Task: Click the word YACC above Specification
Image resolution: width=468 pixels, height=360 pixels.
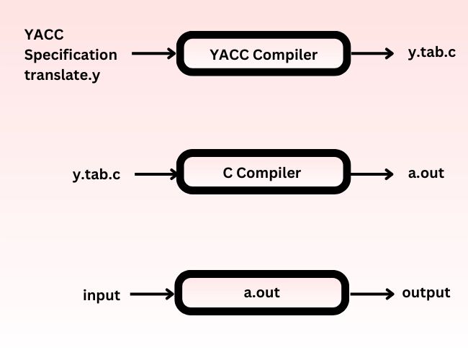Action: click(44, 34)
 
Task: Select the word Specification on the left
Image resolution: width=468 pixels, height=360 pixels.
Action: click(71, 55)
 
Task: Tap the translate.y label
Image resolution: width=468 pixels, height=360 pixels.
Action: click(61, 74)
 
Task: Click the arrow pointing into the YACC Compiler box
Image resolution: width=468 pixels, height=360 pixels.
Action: click(154, 53)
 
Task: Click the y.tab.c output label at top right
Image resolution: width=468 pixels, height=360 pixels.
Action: click(431, 53)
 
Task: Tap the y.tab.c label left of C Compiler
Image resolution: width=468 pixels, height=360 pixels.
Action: click(96, 174)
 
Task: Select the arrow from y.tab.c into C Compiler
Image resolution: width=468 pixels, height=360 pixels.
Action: click(156, 174)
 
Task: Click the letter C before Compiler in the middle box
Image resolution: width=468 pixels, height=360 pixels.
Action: click(228, 173)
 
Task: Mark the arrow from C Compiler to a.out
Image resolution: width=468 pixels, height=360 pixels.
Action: click(370, 174)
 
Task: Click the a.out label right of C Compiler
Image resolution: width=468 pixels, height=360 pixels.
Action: click(426, 173)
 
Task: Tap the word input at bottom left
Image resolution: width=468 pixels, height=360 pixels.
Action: click(102, 295)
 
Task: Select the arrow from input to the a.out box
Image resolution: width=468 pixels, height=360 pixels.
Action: click(153, 294)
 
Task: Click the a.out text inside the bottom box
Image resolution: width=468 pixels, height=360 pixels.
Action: click(261, 293)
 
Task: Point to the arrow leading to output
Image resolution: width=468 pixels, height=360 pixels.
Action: click(372, 294)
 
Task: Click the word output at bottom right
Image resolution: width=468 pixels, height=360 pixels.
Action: click(426, 293)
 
